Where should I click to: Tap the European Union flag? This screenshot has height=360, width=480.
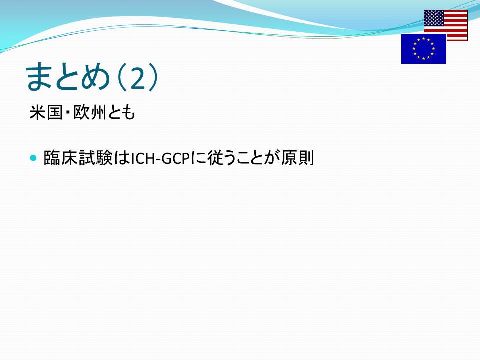pyautogui.click(x=424, y=49)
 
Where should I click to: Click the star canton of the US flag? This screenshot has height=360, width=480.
pyautogui.click(x=434, y=18)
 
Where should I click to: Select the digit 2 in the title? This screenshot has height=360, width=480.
pyautogui.click(x=137, y=78)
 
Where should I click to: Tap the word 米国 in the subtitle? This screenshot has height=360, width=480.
pyautogui.click(x=46, y=112)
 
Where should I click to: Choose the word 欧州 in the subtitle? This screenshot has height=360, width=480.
pyautogui.click(x=89, y=112)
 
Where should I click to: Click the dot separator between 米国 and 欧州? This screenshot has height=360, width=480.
pyautogui.click(x=68, y=113)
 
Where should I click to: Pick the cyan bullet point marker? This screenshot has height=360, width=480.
pyautogui.click(x=33, y=158)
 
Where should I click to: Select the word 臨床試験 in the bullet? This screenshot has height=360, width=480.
pyautogui.click(x=78, y=158)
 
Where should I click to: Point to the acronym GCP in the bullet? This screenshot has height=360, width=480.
pyautogui.click(x=176, y=159)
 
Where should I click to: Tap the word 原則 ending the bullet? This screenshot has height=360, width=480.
pyautogui.click(x=297, y=158)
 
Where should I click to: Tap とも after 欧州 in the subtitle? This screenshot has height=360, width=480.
pyautogui.click(x=121, y=113)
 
